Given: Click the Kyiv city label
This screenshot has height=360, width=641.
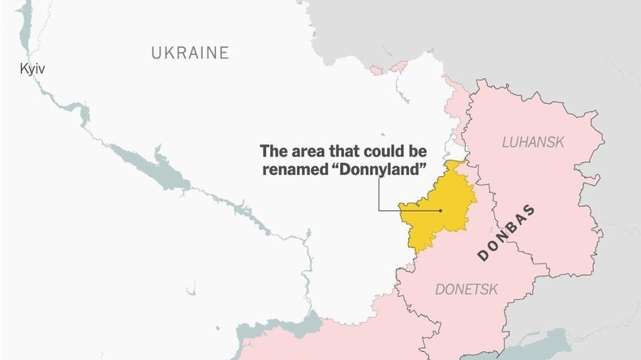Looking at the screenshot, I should click(32, 70).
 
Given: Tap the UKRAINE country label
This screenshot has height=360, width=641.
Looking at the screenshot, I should click(190, 54).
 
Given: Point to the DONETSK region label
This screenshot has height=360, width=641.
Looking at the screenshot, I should click(466, 289).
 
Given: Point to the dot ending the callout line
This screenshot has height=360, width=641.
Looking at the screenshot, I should click(441, 211).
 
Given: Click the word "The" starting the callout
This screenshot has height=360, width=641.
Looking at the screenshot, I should click(273, 151).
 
